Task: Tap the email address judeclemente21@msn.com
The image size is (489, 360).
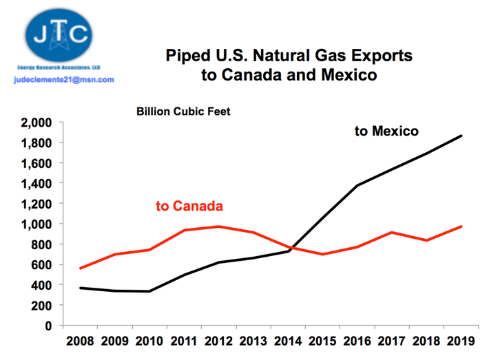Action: pyautogui.click(x=63, y=80)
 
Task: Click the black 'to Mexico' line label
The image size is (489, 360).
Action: pyautogui.click(x=386, y=131)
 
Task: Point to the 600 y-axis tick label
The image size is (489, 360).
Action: pyautogui.click(x=43, y=265)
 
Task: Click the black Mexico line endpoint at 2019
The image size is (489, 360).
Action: pyautogui.click(x=461, y=136)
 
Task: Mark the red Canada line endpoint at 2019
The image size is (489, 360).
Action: pyautogui.click(x=461, y=226)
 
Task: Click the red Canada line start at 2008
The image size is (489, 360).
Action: pyautogui.click(x=81, y=268)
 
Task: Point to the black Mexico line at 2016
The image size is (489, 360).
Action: pyautogui.click(x=357, y=185)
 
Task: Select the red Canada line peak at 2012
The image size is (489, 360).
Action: pyautogui.click(x=219, y=226)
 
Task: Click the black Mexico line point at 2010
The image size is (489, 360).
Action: pyautogui.click(x=149, y=291)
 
